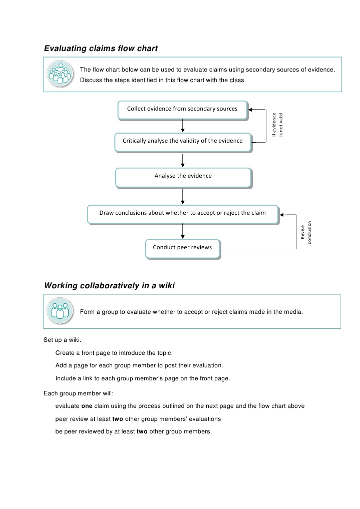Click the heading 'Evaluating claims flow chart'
pos(101,49)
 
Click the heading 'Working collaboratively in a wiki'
pos(109,286)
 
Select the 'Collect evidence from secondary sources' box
pos(182,109)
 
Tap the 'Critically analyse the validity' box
pos(182,141)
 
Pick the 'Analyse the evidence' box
pos(183,176)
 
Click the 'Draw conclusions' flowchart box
pos(182,213)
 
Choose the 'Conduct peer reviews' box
pos(182,248)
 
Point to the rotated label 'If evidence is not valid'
pos(277,124)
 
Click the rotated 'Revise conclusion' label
pos(306,233)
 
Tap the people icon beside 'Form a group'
pos(60,311)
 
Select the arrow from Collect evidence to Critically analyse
pos(183,126)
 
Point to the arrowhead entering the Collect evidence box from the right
pos(252,110)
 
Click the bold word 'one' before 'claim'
pos(86,406)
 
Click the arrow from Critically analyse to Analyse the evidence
pos(183,160)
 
